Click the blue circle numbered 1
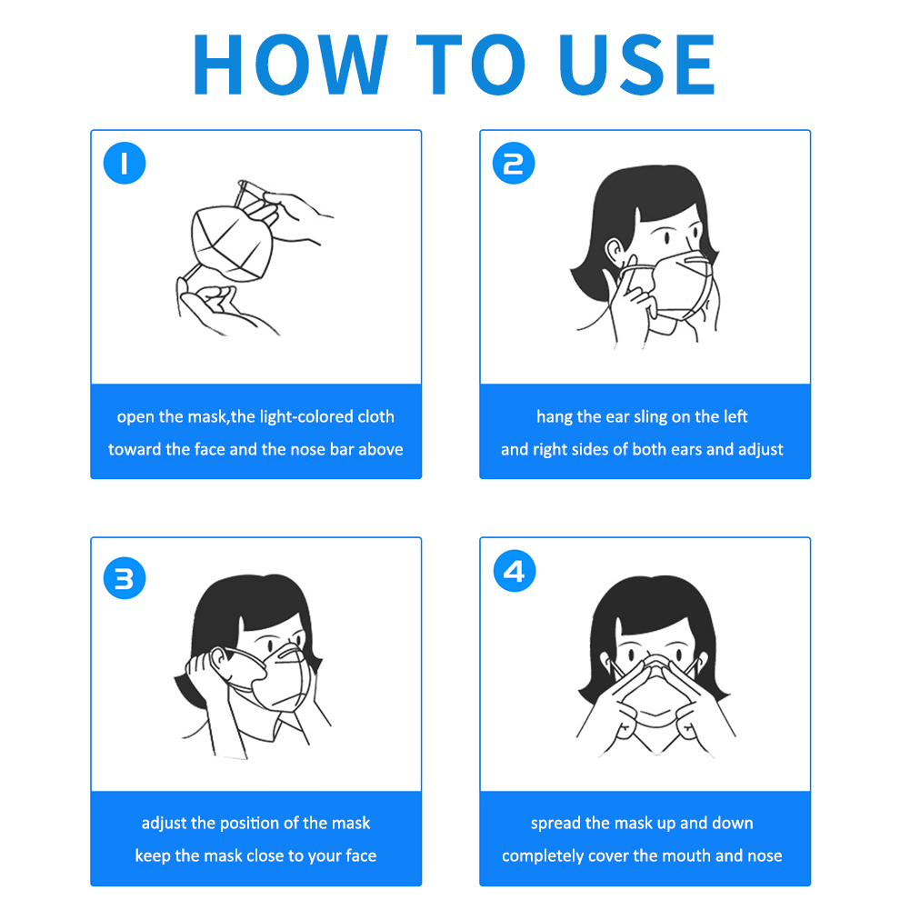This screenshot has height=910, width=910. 125,163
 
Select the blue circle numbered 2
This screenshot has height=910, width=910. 514,163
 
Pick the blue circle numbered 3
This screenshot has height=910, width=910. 125,578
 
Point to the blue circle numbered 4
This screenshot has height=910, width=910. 515,571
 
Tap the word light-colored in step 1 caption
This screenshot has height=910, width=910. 306,416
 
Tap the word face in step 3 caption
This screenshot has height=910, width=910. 361,855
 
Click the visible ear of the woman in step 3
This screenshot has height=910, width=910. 220,659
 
